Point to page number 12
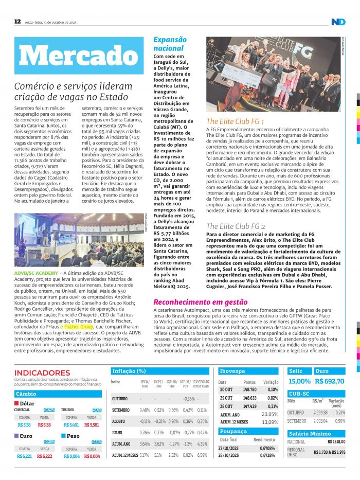click(x=17, y=21)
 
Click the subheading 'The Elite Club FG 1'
click(x=236, y=121)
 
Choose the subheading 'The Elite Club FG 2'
click(x=236, y=226)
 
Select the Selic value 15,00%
click(x=299, y=381)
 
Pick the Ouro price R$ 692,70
click(x=329, y=381)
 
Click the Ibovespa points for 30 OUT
click(x=249, y=390)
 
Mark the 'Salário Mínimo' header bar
click(x=316, y=434)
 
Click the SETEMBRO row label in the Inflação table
click(x=120, y=410)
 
